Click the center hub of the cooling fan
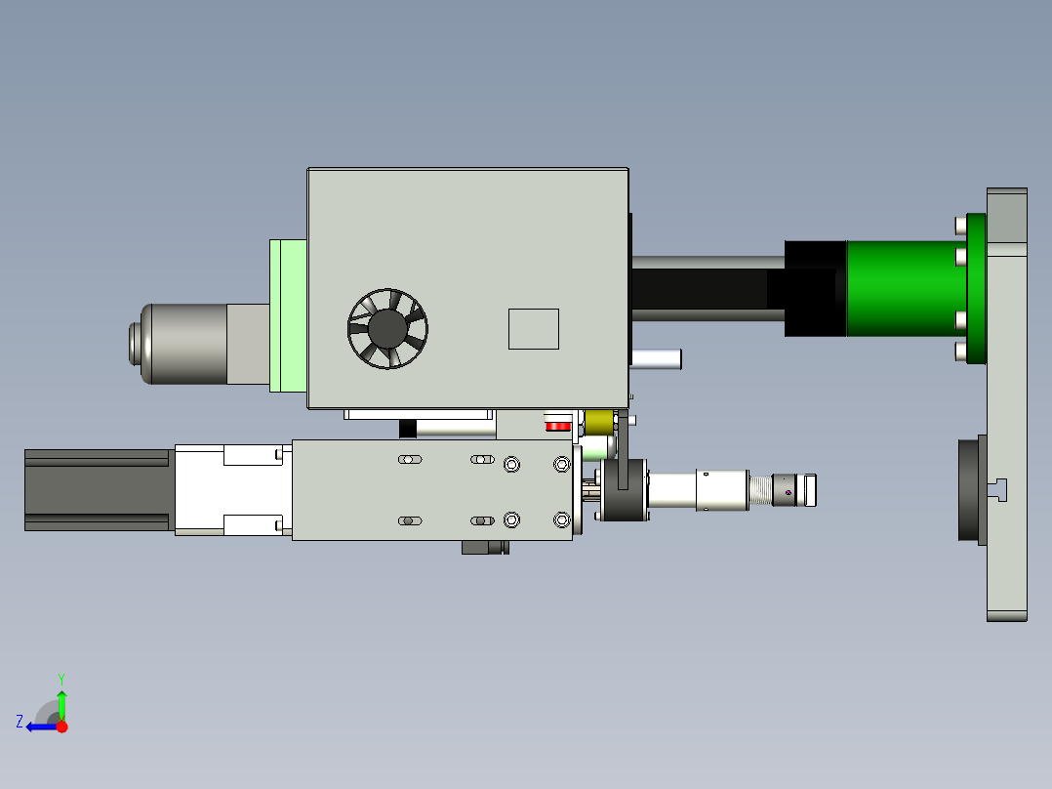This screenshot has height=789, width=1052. tap(387, 328)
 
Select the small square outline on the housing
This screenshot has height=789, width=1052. tap(534, 329)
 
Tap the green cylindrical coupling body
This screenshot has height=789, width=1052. tap(907, 288)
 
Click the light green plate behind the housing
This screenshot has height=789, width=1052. tap(288, 315)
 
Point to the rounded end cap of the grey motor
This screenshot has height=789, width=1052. tap(138, 344)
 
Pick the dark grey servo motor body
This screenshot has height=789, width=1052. tap(99, 490)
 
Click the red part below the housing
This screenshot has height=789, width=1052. tap(557, 426)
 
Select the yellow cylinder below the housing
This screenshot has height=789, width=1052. tap(599, 423)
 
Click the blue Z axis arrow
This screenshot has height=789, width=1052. tap(42, 727)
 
